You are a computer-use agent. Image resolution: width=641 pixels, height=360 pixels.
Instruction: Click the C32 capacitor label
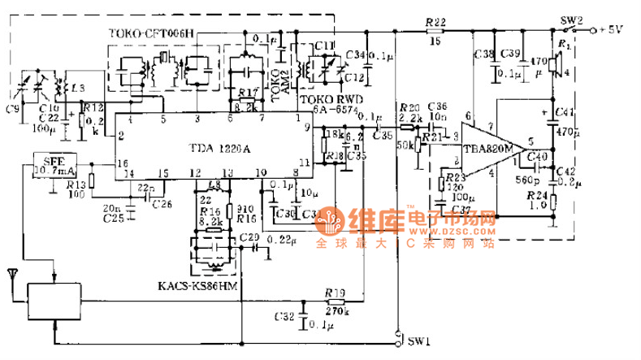[284, 316]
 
